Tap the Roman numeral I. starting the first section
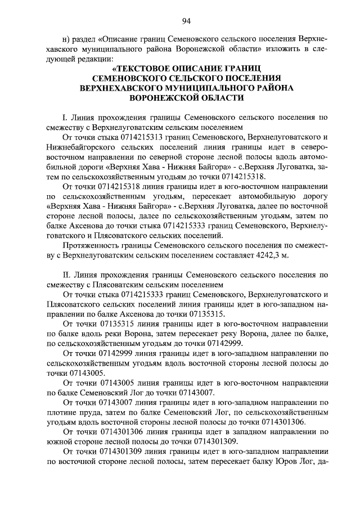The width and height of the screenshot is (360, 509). [65, 117]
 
